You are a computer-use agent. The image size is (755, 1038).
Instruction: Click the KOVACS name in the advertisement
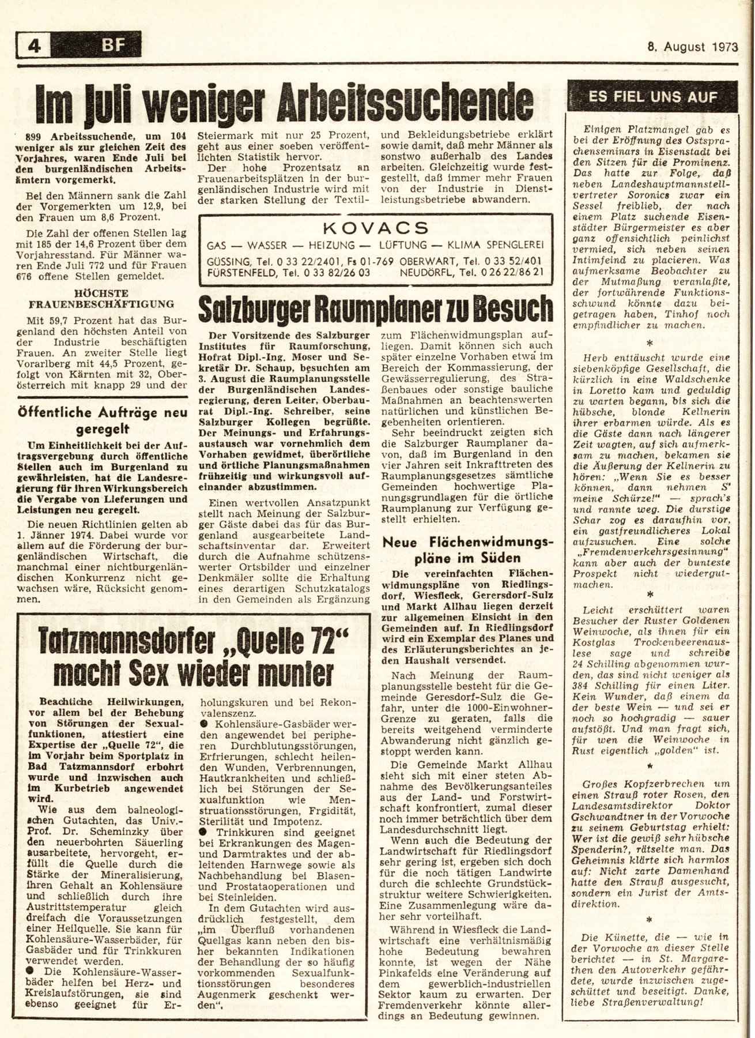[375, 227]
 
